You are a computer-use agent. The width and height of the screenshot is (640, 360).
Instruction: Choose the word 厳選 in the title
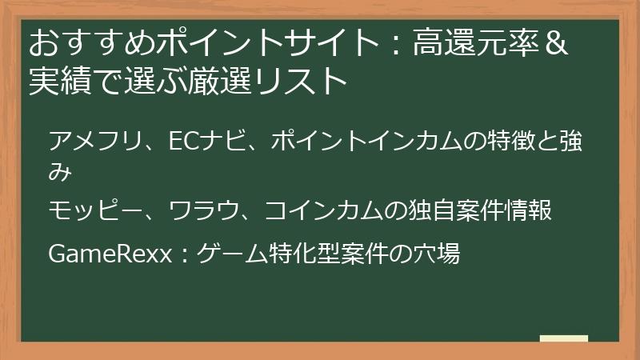tap(219, 80)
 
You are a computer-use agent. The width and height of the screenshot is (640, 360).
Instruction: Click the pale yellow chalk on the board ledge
tap(564, 339)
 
